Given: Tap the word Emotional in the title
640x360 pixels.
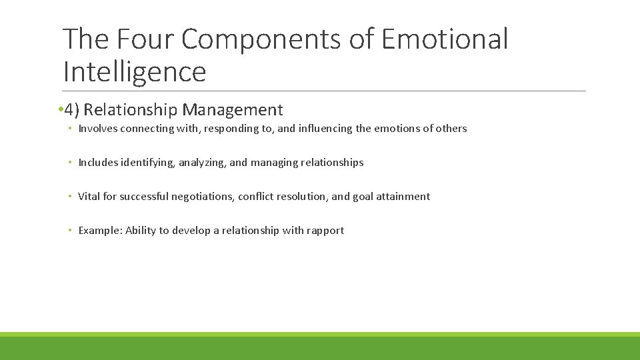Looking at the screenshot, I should point(445,39).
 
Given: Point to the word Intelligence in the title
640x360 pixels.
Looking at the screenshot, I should point(135,71).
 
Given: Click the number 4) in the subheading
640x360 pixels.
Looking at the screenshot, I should point(73,110).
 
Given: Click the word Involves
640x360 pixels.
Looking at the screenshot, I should point(97,129).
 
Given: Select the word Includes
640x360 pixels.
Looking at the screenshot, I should point(97,163).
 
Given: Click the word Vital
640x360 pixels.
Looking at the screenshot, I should point(89,197).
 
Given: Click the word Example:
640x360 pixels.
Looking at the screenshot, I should point(99,231).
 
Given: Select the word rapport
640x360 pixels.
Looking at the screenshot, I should point(325,231).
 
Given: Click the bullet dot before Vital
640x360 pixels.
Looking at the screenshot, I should point(70,197).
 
